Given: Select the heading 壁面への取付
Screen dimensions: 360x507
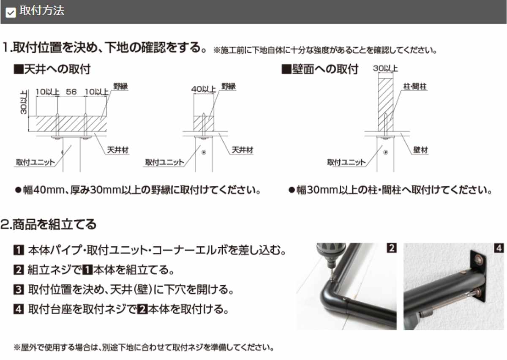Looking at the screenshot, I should [320, 69].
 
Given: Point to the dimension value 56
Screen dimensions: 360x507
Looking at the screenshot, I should [71, 91].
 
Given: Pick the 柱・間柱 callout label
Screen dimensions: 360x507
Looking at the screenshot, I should [414, 87].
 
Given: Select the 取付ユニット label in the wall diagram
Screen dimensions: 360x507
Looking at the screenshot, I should [346, 162].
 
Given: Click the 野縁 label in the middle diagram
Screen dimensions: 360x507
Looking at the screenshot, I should [229, 87].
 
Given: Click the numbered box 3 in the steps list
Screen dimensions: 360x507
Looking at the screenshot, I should [18, 290].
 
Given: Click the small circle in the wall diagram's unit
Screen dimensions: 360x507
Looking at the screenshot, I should [385, 153].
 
